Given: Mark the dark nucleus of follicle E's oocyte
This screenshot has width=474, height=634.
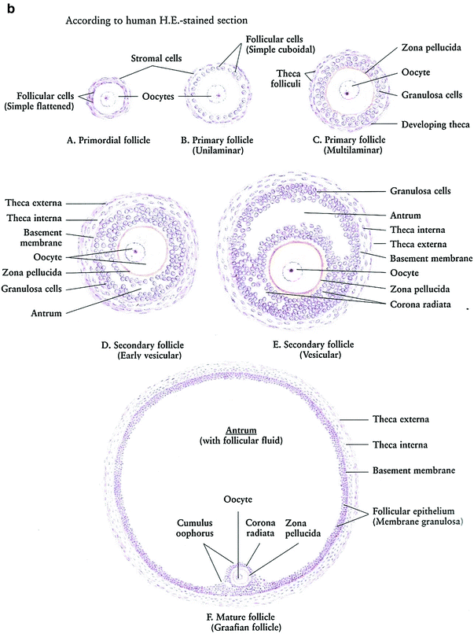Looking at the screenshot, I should (x=292, y=271).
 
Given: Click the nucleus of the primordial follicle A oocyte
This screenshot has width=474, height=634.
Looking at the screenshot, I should (x=106, y=99).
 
